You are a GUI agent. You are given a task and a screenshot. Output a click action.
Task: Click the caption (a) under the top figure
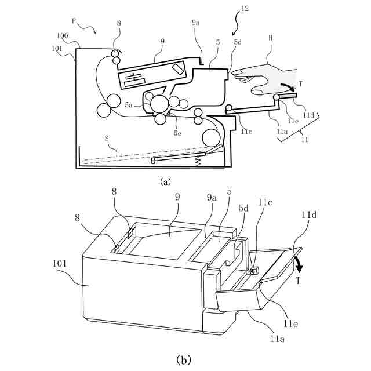click(165, 181)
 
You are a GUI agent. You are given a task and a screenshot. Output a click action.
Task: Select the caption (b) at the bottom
click(185, 359)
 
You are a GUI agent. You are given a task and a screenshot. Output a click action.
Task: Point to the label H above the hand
click(271, 38)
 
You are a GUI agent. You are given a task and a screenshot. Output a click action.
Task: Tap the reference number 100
click(62, 36)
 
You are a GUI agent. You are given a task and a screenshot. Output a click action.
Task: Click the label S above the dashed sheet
click(107, 139)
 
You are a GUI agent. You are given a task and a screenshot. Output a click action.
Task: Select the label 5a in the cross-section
click(129, 106)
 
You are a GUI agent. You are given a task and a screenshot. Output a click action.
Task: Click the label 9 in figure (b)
click(177, 198)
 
